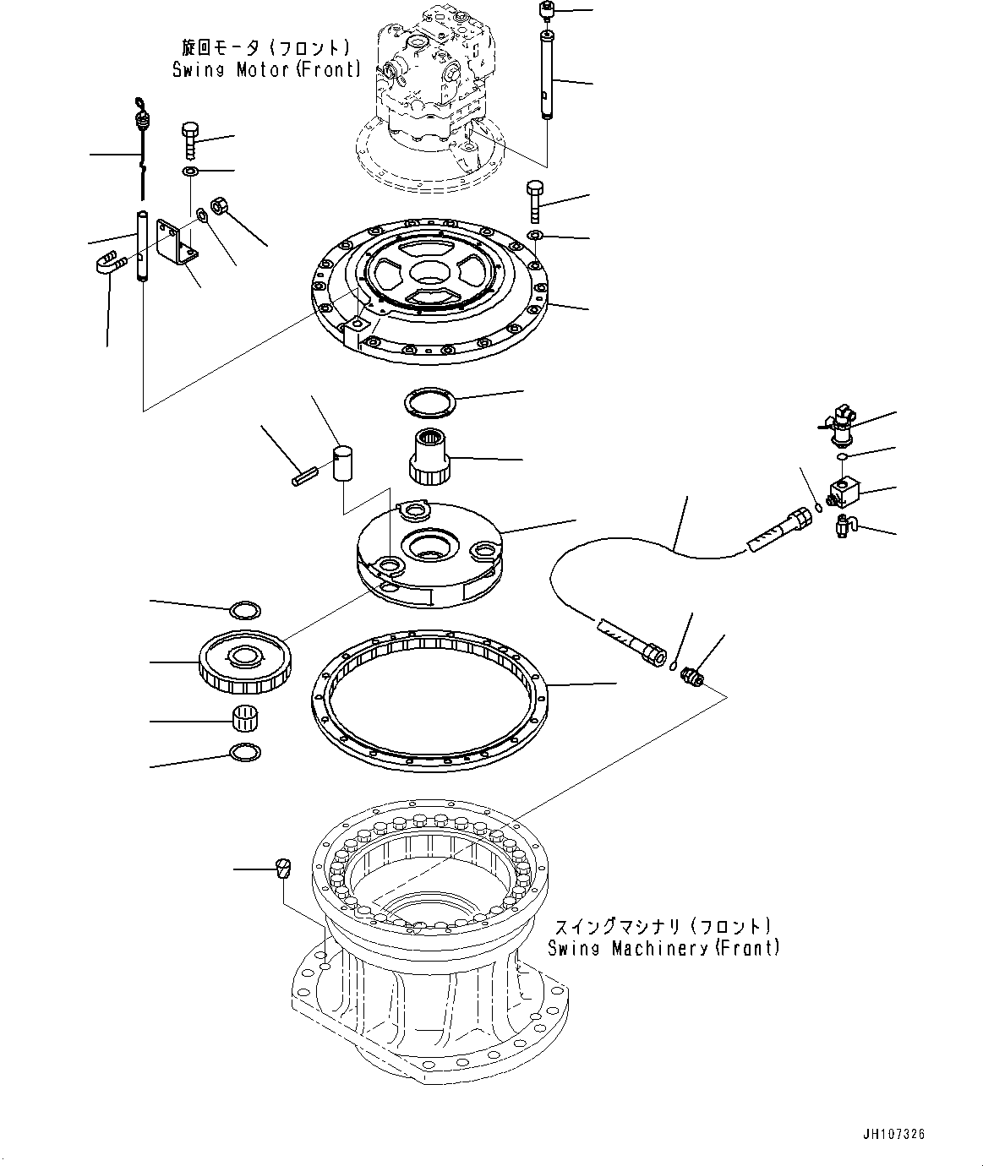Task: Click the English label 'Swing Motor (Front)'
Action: [x=266, y=70]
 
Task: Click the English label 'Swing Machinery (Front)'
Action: [x=664, y=948]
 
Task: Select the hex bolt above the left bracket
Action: [x=189, y=140]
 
